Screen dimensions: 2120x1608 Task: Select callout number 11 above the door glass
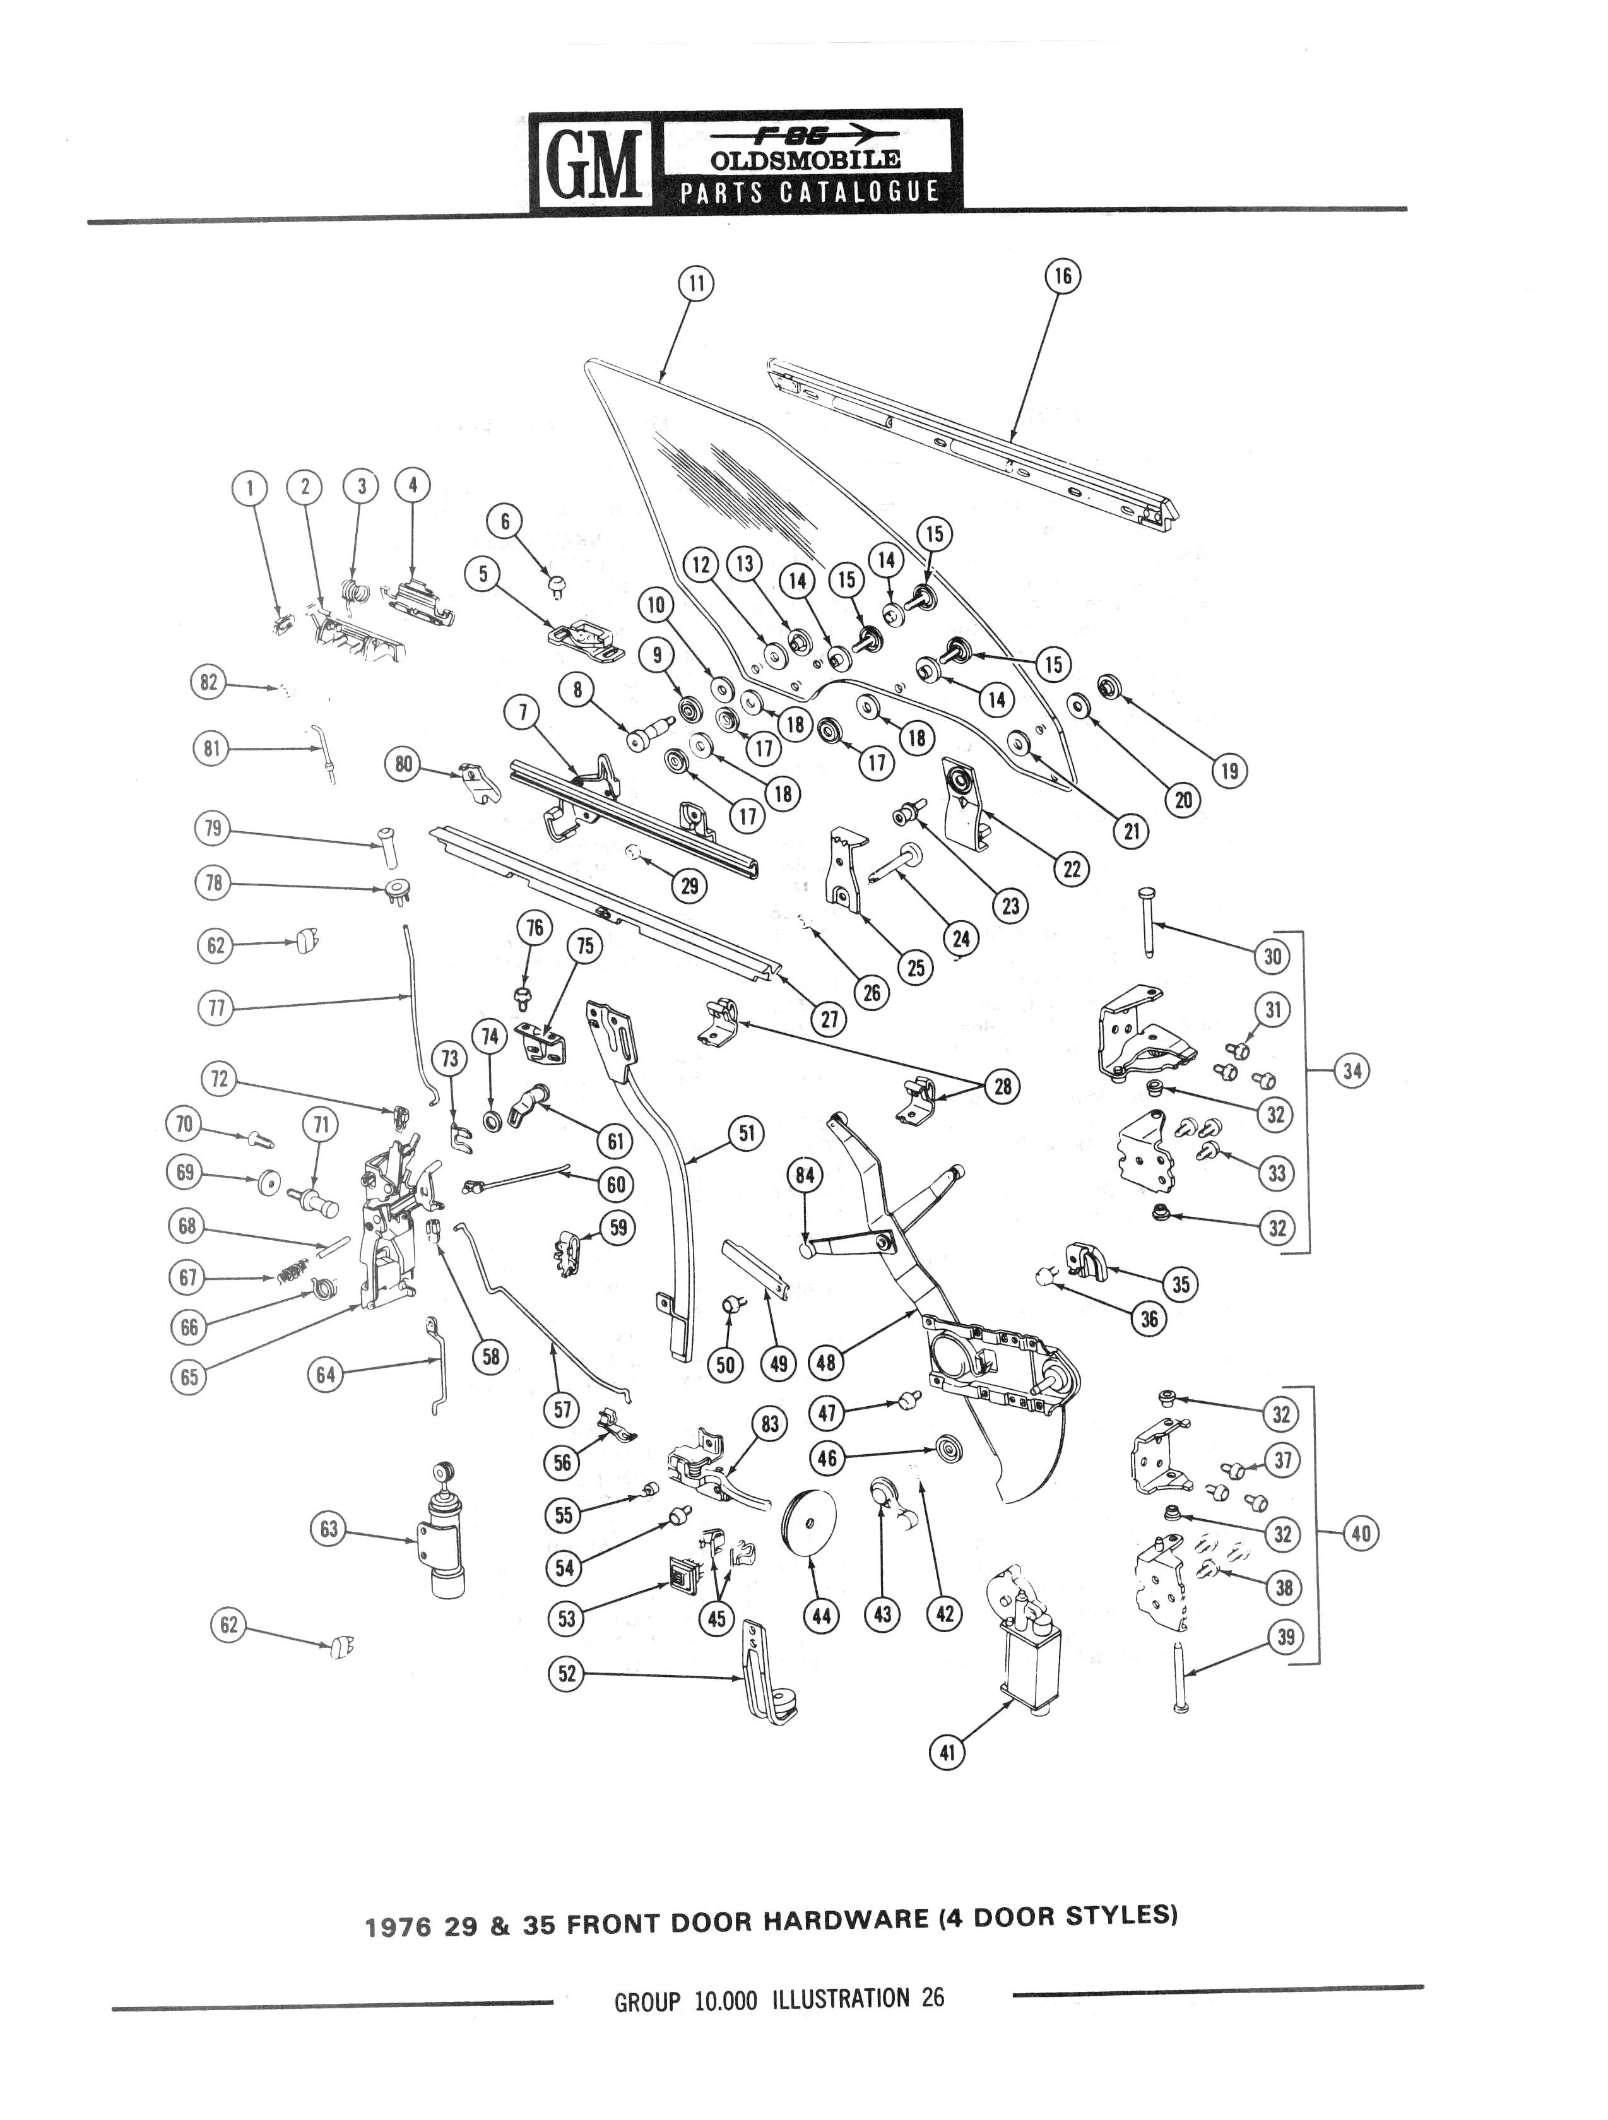[695, 283]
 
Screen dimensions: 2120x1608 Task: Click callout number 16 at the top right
[1061, 276]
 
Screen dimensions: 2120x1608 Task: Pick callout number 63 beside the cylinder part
[329, 1529]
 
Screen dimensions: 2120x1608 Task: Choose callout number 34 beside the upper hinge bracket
[1351, 1070]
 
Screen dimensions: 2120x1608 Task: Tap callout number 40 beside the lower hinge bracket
[1361, 1534]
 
